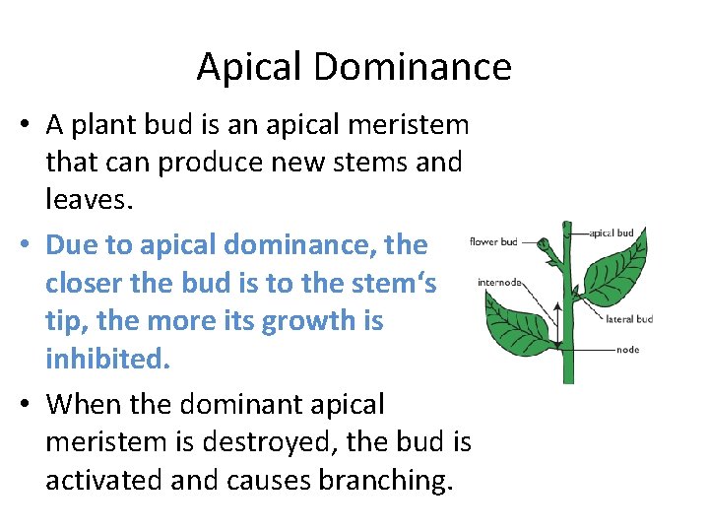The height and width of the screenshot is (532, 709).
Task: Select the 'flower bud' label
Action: coord(493,241)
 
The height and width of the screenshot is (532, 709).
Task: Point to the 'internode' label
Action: coord(499,282)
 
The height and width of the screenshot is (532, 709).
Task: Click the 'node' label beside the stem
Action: coord(627,349)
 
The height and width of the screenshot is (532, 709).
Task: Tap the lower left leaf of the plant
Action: coord(516,316)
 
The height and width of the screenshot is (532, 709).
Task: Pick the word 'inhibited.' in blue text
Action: coord(107,359)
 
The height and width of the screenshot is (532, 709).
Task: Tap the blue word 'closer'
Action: coord(88,283)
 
